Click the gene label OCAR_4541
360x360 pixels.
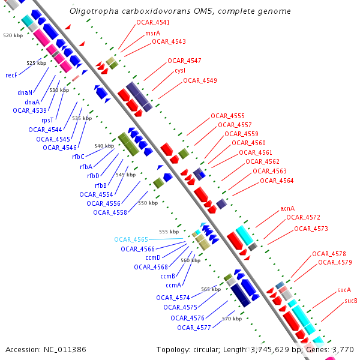click(x=153, y=22)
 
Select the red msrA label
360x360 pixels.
click(x=152, y=32)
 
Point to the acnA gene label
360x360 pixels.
click(x=288, y=209)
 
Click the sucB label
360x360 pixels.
click(x=351, y=301)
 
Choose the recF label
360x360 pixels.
click(x=11, y=75)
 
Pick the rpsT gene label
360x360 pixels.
click(x=49, y=120)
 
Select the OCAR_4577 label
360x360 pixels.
click(x=194, y=328)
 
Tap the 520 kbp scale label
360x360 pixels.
click(x=13, y=36)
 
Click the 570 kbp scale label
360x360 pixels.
click(x=232, y=319)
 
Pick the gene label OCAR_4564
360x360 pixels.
click(x=277, y=181)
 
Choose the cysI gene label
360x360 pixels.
click(x=180, y=71)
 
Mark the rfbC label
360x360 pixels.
click(x=78, y=157)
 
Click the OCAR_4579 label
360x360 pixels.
click(x=335, y=262)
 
